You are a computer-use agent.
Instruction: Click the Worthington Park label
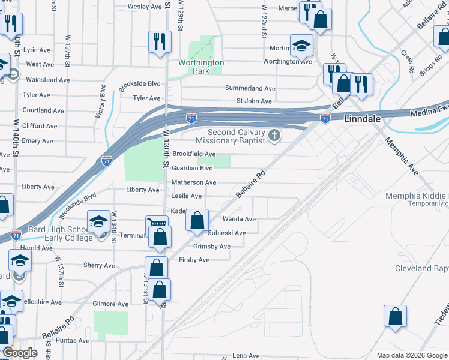click(201, 67)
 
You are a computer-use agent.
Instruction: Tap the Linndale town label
click(363, 119)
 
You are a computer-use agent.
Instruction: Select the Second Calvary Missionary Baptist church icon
click(275, 136)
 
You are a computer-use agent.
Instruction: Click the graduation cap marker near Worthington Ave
click(301, 44)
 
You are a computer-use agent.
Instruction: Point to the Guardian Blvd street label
click(193, 169)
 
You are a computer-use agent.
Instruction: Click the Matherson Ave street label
click(194, 182)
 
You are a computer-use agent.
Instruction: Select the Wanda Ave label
click(239, 219)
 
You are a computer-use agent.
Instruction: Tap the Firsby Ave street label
click(194, 260)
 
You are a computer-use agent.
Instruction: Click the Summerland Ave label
click(250, 88)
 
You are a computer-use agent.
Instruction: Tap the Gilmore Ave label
click(110, 304)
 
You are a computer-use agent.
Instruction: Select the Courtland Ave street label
click(43, 110)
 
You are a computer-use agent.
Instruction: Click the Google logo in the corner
click(20, 353)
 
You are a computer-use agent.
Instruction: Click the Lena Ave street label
click(246, 356)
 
